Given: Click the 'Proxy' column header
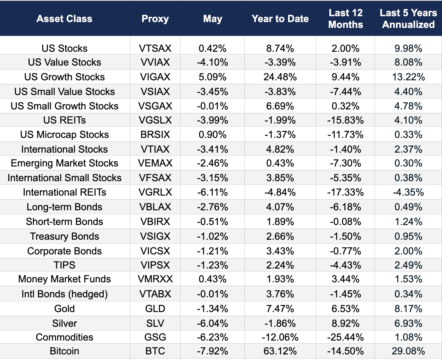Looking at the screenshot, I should click(155, 19).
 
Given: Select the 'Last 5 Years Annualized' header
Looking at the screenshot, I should click(408, 19).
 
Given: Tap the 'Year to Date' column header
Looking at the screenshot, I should click(280, 19).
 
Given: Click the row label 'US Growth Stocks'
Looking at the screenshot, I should click(64, 77).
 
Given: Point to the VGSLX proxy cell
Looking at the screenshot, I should click(155, 120).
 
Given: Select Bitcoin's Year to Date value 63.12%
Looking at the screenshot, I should click(280, 351).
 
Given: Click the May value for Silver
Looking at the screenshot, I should click(212, 323).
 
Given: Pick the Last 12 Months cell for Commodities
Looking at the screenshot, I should click(345, 337).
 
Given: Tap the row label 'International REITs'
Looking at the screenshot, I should click(64, 192).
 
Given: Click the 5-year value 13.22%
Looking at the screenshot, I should click(408, 77).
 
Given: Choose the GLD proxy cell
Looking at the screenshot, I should click(155, 309).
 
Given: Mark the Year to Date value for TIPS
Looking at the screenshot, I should click(280, 265).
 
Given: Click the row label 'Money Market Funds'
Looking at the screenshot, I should click(64, 279).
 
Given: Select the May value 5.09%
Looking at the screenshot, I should click(212, 77).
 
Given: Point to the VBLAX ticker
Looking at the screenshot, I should click(155, 207).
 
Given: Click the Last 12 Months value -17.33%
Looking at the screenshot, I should click(345, 192).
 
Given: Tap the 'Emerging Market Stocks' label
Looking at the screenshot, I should click(64, 163).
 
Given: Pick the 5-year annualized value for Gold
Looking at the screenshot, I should click(408, 309).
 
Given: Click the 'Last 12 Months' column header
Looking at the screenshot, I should click(345, 19).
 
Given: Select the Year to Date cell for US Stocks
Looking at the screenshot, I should click(280, 48).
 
